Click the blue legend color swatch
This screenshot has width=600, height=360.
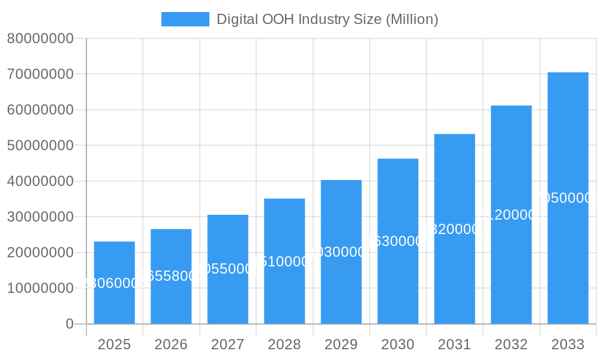(x=185, y=19)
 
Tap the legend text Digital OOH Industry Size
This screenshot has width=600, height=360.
(x=327, y=19)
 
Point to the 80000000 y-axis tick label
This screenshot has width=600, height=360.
(x=40, y=38)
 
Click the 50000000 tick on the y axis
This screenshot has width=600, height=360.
(x=40, y=146)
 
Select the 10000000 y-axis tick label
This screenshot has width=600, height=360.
(x=40, y=288)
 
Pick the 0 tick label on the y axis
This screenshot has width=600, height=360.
(x=69, y=324)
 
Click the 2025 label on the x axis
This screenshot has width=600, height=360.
(x=114, y=344)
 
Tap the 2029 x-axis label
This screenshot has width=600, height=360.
(x=341, y=344)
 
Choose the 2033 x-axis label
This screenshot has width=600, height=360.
(x=568, y=344)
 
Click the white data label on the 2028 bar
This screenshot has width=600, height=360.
(x=284, y=262)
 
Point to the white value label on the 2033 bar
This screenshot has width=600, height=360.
(x=568, y=199)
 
